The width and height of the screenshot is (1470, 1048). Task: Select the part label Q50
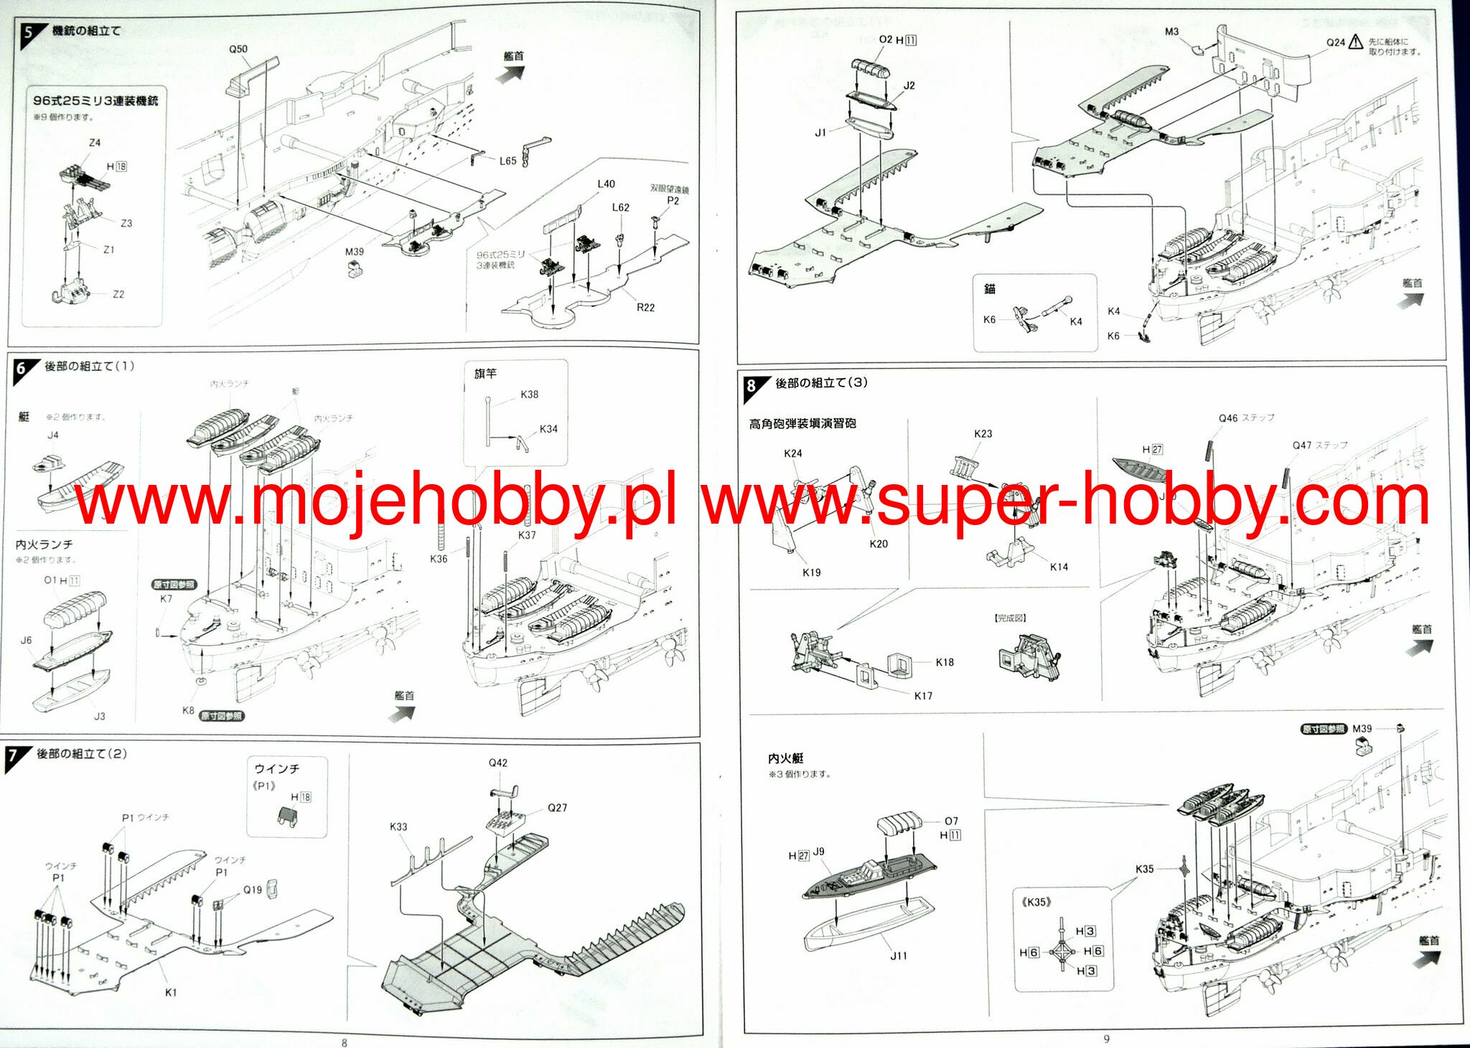click(x=238, y=49)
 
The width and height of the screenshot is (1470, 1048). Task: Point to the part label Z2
click(x=118, y=294)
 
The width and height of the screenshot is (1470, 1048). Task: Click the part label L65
click(x=507, y=161)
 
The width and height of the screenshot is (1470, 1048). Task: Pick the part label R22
click(x=645, y=308)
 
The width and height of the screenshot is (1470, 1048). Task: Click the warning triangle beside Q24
click(x=1355, y=42)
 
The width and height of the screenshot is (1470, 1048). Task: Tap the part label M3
click(x=1171, y=32)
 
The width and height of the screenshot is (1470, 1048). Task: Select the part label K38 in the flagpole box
click(x=529, y=395)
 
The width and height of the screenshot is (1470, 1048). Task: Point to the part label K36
click(x=439, y=559)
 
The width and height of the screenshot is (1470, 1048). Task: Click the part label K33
click(x=398, y=826)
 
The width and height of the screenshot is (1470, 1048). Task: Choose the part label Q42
click(x=498, y=763)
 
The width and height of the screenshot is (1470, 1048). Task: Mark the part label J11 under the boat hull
click(x=899, y=955)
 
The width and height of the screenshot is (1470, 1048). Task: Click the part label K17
click(x=923, y=696)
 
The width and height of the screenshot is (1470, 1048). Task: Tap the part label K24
click(x=793, y=453)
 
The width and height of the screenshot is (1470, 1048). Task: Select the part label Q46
click(x=1228, y=418)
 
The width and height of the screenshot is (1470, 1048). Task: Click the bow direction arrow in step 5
click(x=512, y=72)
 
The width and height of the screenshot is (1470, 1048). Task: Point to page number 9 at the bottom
click(x=1106, y=1039)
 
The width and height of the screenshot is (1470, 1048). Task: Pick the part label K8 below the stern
click(x=188, y=710)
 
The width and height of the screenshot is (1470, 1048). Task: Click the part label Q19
click(x=252, y=889)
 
